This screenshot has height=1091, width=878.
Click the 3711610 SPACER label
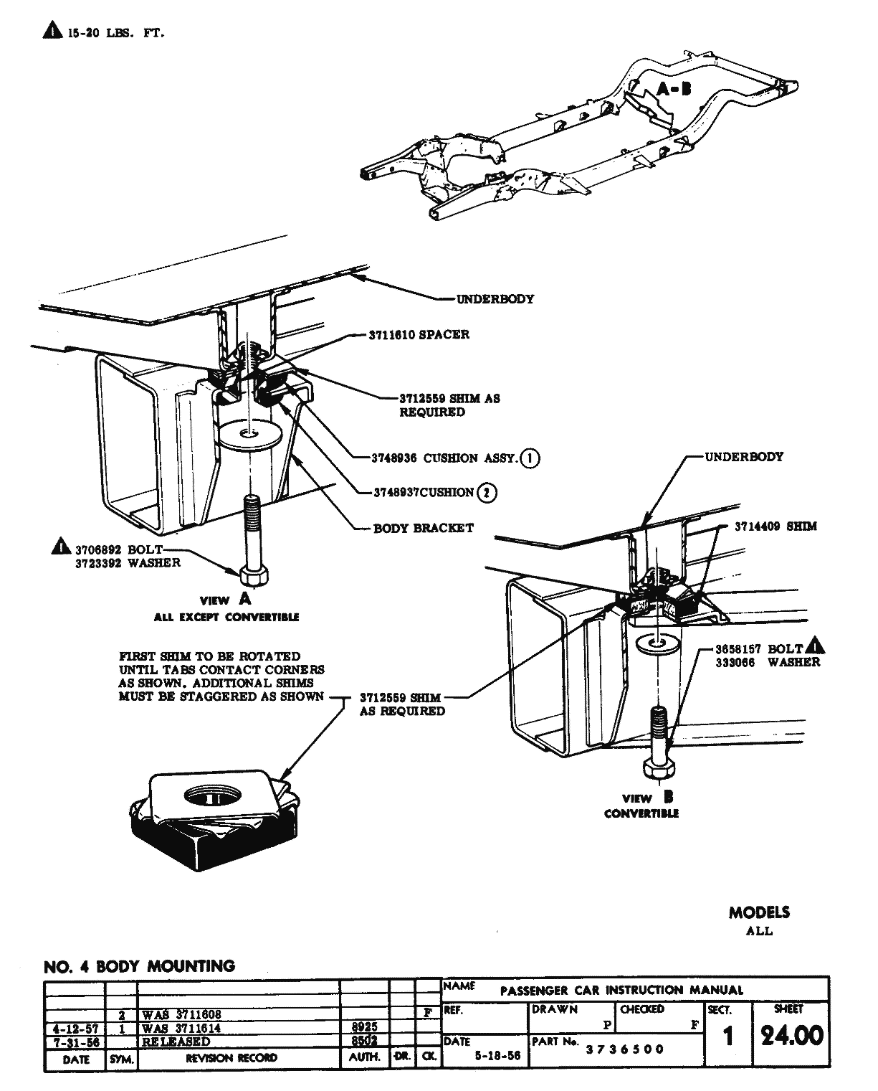pos(419,334)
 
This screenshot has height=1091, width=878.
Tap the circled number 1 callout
pos(530,458)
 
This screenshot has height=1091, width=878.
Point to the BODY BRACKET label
pos(424,528)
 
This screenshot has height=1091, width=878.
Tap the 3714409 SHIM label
pos(776,526)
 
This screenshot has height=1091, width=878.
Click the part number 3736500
pos(625,1049)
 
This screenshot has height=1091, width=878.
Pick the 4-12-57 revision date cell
pos(75,1028)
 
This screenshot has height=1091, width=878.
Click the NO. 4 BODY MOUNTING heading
pos(140,966)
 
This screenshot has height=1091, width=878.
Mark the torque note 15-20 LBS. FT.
pos(115,33)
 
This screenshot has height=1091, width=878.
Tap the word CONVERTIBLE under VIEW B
pos(641,813)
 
